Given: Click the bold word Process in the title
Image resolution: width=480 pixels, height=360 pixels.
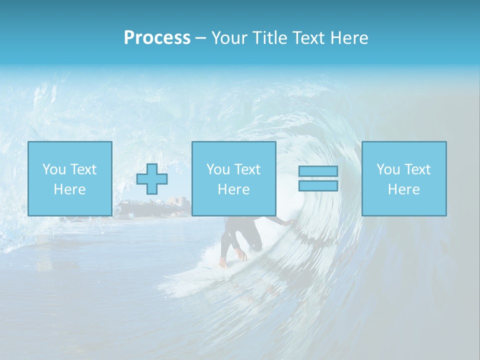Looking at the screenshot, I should point(157,38).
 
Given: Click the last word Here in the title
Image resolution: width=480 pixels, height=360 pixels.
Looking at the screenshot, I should point(351,38).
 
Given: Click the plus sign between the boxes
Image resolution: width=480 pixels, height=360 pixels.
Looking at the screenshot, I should point(152,179).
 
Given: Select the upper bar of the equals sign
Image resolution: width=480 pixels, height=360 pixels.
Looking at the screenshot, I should point(318,171).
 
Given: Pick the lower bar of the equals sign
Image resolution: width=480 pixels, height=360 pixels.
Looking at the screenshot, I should point(318,185).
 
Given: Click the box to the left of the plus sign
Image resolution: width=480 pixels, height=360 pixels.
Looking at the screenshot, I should point(69,178).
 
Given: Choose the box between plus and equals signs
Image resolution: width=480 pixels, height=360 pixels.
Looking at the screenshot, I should point(233,178).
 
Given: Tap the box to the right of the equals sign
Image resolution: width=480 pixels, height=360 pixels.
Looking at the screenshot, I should point(403,178).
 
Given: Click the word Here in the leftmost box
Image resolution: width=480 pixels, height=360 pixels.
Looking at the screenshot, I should point(69,189).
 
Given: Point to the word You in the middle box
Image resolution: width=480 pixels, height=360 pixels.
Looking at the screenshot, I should point(218,169).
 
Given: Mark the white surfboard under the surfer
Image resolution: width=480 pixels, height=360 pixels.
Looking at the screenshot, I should point(200,272).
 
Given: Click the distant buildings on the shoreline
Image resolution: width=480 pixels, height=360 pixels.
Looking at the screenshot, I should point(177,201).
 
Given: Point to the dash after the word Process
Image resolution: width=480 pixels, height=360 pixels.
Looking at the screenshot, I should point(200,38).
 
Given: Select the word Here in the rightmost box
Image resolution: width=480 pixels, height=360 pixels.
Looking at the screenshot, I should point(403,189).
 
